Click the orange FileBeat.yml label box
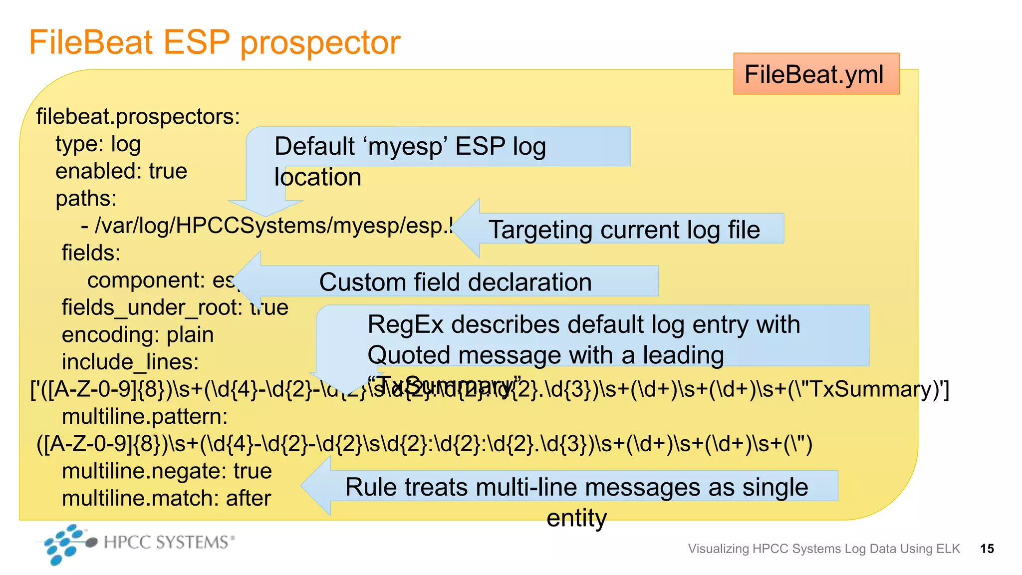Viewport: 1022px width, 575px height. [815, 74]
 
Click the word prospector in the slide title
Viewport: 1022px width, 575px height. [320, 42]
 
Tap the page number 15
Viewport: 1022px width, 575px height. [987, 549]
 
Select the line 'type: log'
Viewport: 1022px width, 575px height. [98, 144]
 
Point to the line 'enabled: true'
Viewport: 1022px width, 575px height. [121, 171]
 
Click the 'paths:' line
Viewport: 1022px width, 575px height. [86, 199]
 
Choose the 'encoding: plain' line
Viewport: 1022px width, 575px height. [137, 334]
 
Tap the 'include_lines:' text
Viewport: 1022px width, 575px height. [130, 362]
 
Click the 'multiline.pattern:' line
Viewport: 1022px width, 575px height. [144, 416]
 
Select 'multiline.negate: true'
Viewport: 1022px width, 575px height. [167, 471]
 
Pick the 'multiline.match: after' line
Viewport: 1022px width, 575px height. [166, 498]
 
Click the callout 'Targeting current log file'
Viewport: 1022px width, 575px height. [624, 230]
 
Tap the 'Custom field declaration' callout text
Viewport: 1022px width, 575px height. [455, 282]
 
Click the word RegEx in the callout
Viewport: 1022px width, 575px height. [405, 324]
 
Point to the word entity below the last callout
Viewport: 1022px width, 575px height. [576, 518]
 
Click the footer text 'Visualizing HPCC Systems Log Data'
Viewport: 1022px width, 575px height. [823, 549]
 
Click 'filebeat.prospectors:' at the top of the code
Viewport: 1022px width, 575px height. [138, 117]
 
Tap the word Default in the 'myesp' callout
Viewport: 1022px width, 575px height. [314, 147]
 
